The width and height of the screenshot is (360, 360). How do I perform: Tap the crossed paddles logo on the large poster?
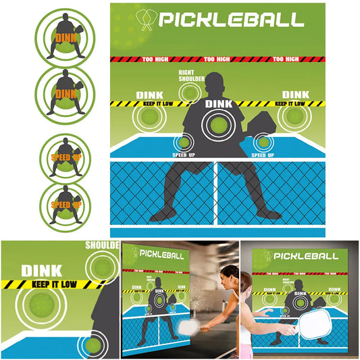coord(146,20)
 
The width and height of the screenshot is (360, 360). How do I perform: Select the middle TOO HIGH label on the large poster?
coord(217,59)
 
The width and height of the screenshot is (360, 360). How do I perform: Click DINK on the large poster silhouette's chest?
coord(217,104)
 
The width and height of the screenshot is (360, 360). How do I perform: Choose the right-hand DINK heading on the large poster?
coord(295,95)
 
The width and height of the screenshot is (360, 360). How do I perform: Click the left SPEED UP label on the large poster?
coord(182,154)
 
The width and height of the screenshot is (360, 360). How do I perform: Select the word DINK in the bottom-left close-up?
coord(42,271)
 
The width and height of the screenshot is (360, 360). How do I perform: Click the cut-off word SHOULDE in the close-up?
coord(103,245)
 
